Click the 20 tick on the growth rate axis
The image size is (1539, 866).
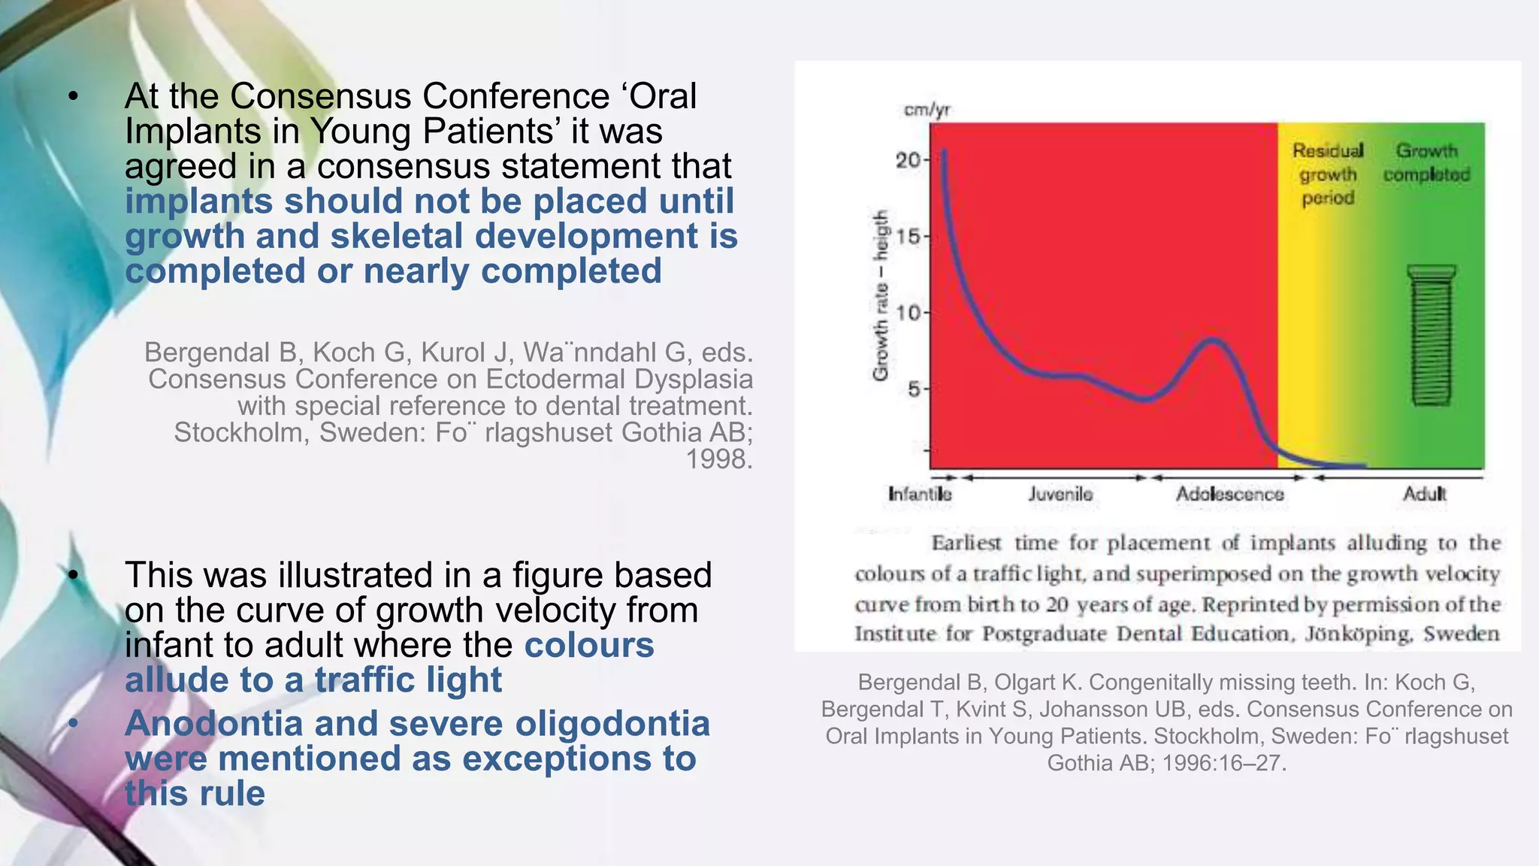909,159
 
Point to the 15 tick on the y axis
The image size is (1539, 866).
909,236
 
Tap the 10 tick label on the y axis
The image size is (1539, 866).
909,313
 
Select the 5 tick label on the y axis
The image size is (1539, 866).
914,389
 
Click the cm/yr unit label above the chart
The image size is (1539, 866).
927,110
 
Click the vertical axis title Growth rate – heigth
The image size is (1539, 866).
881,295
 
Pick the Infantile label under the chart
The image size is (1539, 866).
920,494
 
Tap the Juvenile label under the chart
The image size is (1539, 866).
1060,494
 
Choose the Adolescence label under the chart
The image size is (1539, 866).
1229,494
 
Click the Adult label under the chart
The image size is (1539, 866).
1424,494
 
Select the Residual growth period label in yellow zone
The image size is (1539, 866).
1328,174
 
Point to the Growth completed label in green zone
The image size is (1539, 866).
1426,162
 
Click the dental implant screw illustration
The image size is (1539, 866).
1431,335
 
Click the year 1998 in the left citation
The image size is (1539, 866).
719,459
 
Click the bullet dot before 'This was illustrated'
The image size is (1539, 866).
73,575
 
